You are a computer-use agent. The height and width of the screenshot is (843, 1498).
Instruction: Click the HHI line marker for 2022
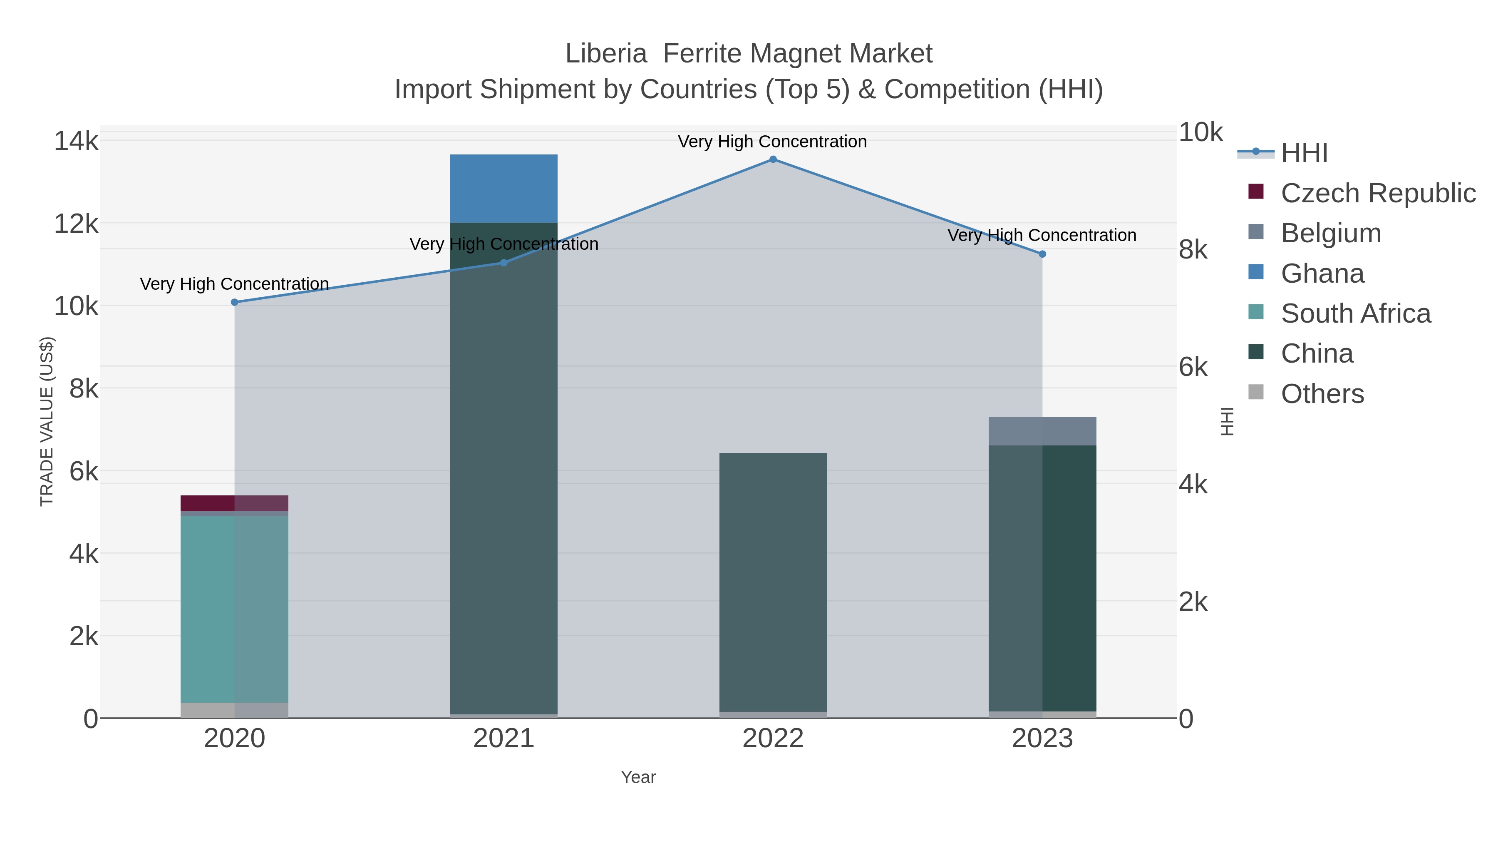coord(773,159)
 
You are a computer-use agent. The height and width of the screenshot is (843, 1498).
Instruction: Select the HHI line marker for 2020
coord(234,303)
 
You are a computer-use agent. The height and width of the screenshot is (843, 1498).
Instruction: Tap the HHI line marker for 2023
coord(1042,254)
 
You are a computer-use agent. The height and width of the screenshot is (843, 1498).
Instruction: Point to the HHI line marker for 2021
coord(503,263)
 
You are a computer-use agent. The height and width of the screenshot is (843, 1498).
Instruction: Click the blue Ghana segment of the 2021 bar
coord(503,189)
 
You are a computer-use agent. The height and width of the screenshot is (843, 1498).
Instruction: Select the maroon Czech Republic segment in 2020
coord(234,503)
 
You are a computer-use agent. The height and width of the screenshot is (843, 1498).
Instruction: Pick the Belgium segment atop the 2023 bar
coord(1042,431)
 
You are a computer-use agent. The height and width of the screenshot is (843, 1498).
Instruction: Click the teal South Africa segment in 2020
coord(234,609)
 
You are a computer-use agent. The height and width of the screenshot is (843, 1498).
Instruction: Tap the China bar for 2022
coord(773,582)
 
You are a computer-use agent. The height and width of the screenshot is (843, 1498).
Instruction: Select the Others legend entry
coord(1322,394)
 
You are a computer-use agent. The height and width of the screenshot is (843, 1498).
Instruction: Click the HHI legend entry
coord(1304,153)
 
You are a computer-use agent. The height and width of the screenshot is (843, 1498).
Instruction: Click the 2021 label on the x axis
coord(503,739)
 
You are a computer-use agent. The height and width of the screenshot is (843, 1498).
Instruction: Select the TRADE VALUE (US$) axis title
coord(47,421)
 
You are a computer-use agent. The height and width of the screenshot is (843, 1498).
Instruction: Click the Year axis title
coord(638,777)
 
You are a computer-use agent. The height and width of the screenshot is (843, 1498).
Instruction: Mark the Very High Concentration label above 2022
coord(772,142)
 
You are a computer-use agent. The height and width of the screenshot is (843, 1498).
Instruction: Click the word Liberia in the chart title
coord(606,54)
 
